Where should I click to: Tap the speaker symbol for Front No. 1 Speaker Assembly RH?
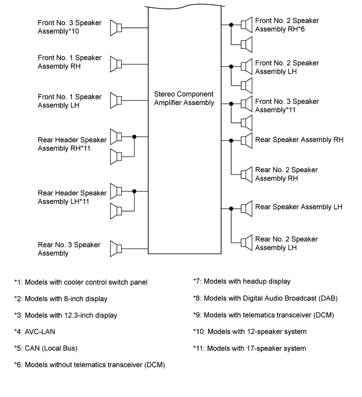[116, 65]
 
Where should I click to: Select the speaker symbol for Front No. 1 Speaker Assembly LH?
[116, 100]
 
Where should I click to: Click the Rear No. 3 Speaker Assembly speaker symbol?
[116, 248]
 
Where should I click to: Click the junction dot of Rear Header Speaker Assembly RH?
[135, 137]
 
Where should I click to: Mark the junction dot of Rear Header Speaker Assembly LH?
[135, 191]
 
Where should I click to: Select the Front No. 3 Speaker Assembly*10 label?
[69, 27]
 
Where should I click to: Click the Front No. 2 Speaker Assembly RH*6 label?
[287, 25]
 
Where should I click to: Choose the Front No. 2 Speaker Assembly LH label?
[287, 67]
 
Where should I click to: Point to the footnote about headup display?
[242, 281]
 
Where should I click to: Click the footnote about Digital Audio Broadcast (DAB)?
[265, 298]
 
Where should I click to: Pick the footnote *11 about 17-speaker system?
[250, 348]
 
